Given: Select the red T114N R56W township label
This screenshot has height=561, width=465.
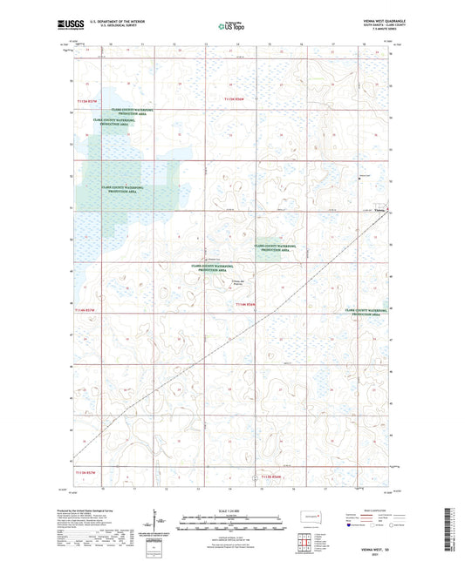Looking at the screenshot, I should point(247,304).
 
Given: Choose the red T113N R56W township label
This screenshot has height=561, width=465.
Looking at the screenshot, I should point(272,477).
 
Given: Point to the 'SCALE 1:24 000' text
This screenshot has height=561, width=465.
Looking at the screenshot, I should point(231,510).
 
